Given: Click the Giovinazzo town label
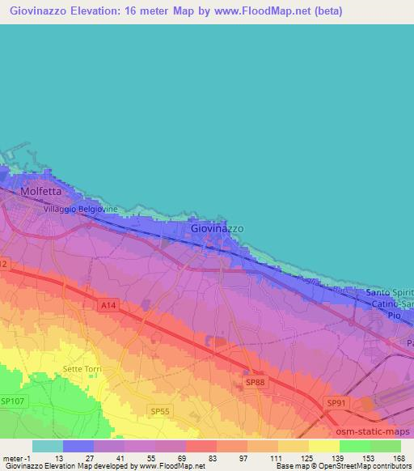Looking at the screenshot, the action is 217,229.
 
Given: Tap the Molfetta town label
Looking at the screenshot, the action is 40,193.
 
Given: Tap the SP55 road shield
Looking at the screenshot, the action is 160,412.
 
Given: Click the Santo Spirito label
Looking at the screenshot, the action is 390,292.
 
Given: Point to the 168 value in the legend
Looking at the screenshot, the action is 399,458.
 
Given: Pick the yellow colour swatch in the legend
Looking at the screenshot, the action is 324,446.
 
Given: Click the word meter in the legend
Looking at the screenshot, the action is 12,458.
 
